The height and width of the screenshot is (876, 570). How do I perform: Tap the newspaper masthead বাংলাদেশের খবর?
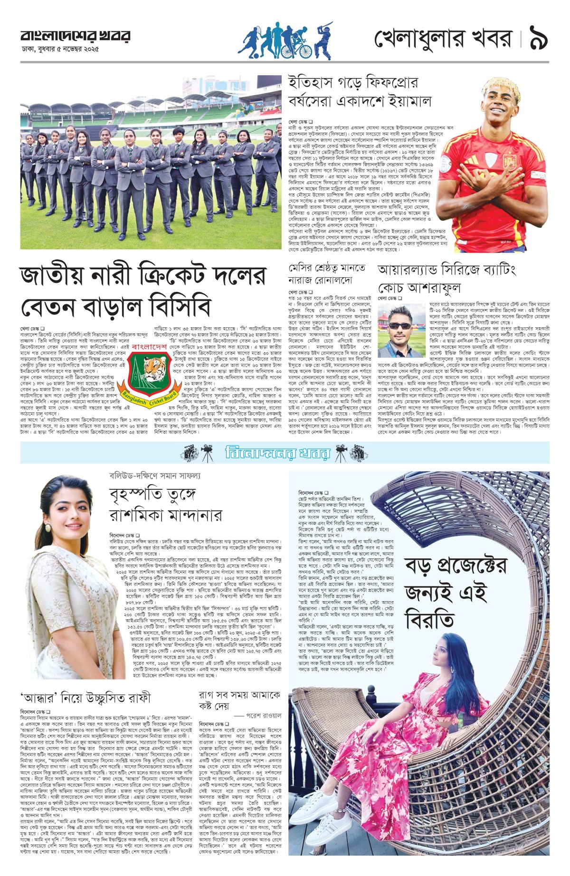point(75,36)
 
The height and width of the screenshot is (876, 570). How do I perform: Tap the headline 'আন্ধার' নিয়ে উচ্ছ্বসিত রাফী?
point(85,698)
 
